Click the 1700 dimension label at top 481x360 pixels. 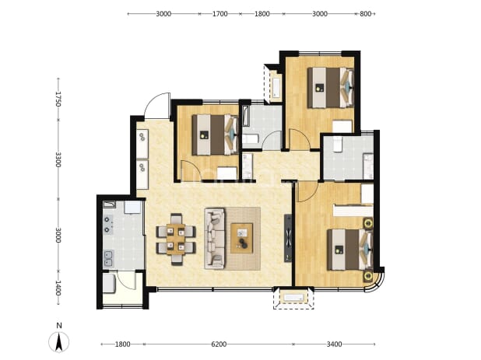click(220, 14)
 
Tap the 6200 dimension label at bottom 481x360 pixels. click(219, 344)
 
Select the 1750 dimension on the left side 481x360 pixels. click(58, 99)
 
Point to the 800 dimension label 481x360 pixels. click(365, 14)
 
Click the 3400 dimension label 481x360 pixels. click(334, 344)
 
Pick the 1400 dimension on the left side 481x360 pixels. click(58, 288)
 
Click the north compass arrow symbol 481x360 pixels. click(59, 341)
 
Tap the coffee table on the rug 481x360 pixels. click(242, 239)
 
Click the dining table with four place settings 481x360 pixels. click(176, 239)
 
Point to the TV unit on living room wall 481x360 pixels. click(288, 238)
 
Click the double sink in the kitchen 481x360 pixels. click(108, 258)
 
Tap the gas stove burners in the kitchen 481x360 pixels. click(107, 224)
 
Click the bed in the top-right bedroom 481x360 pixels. click(331, 88)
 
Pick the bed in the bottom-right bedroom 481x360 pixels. click(350, 250)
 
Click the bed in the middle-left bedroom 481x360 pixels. click(216, 135)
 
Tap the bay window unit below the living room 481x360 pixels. click(293, 298)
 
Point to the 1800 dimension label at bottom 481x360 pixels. click(123, 344)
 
